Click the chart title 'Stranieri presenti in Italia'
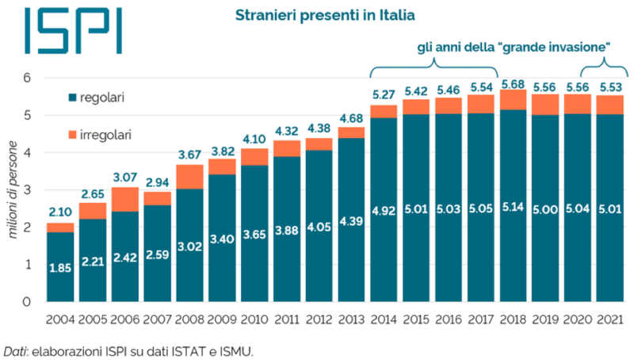pos(325,14)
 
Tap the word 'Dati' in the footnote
pos(13,350)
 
